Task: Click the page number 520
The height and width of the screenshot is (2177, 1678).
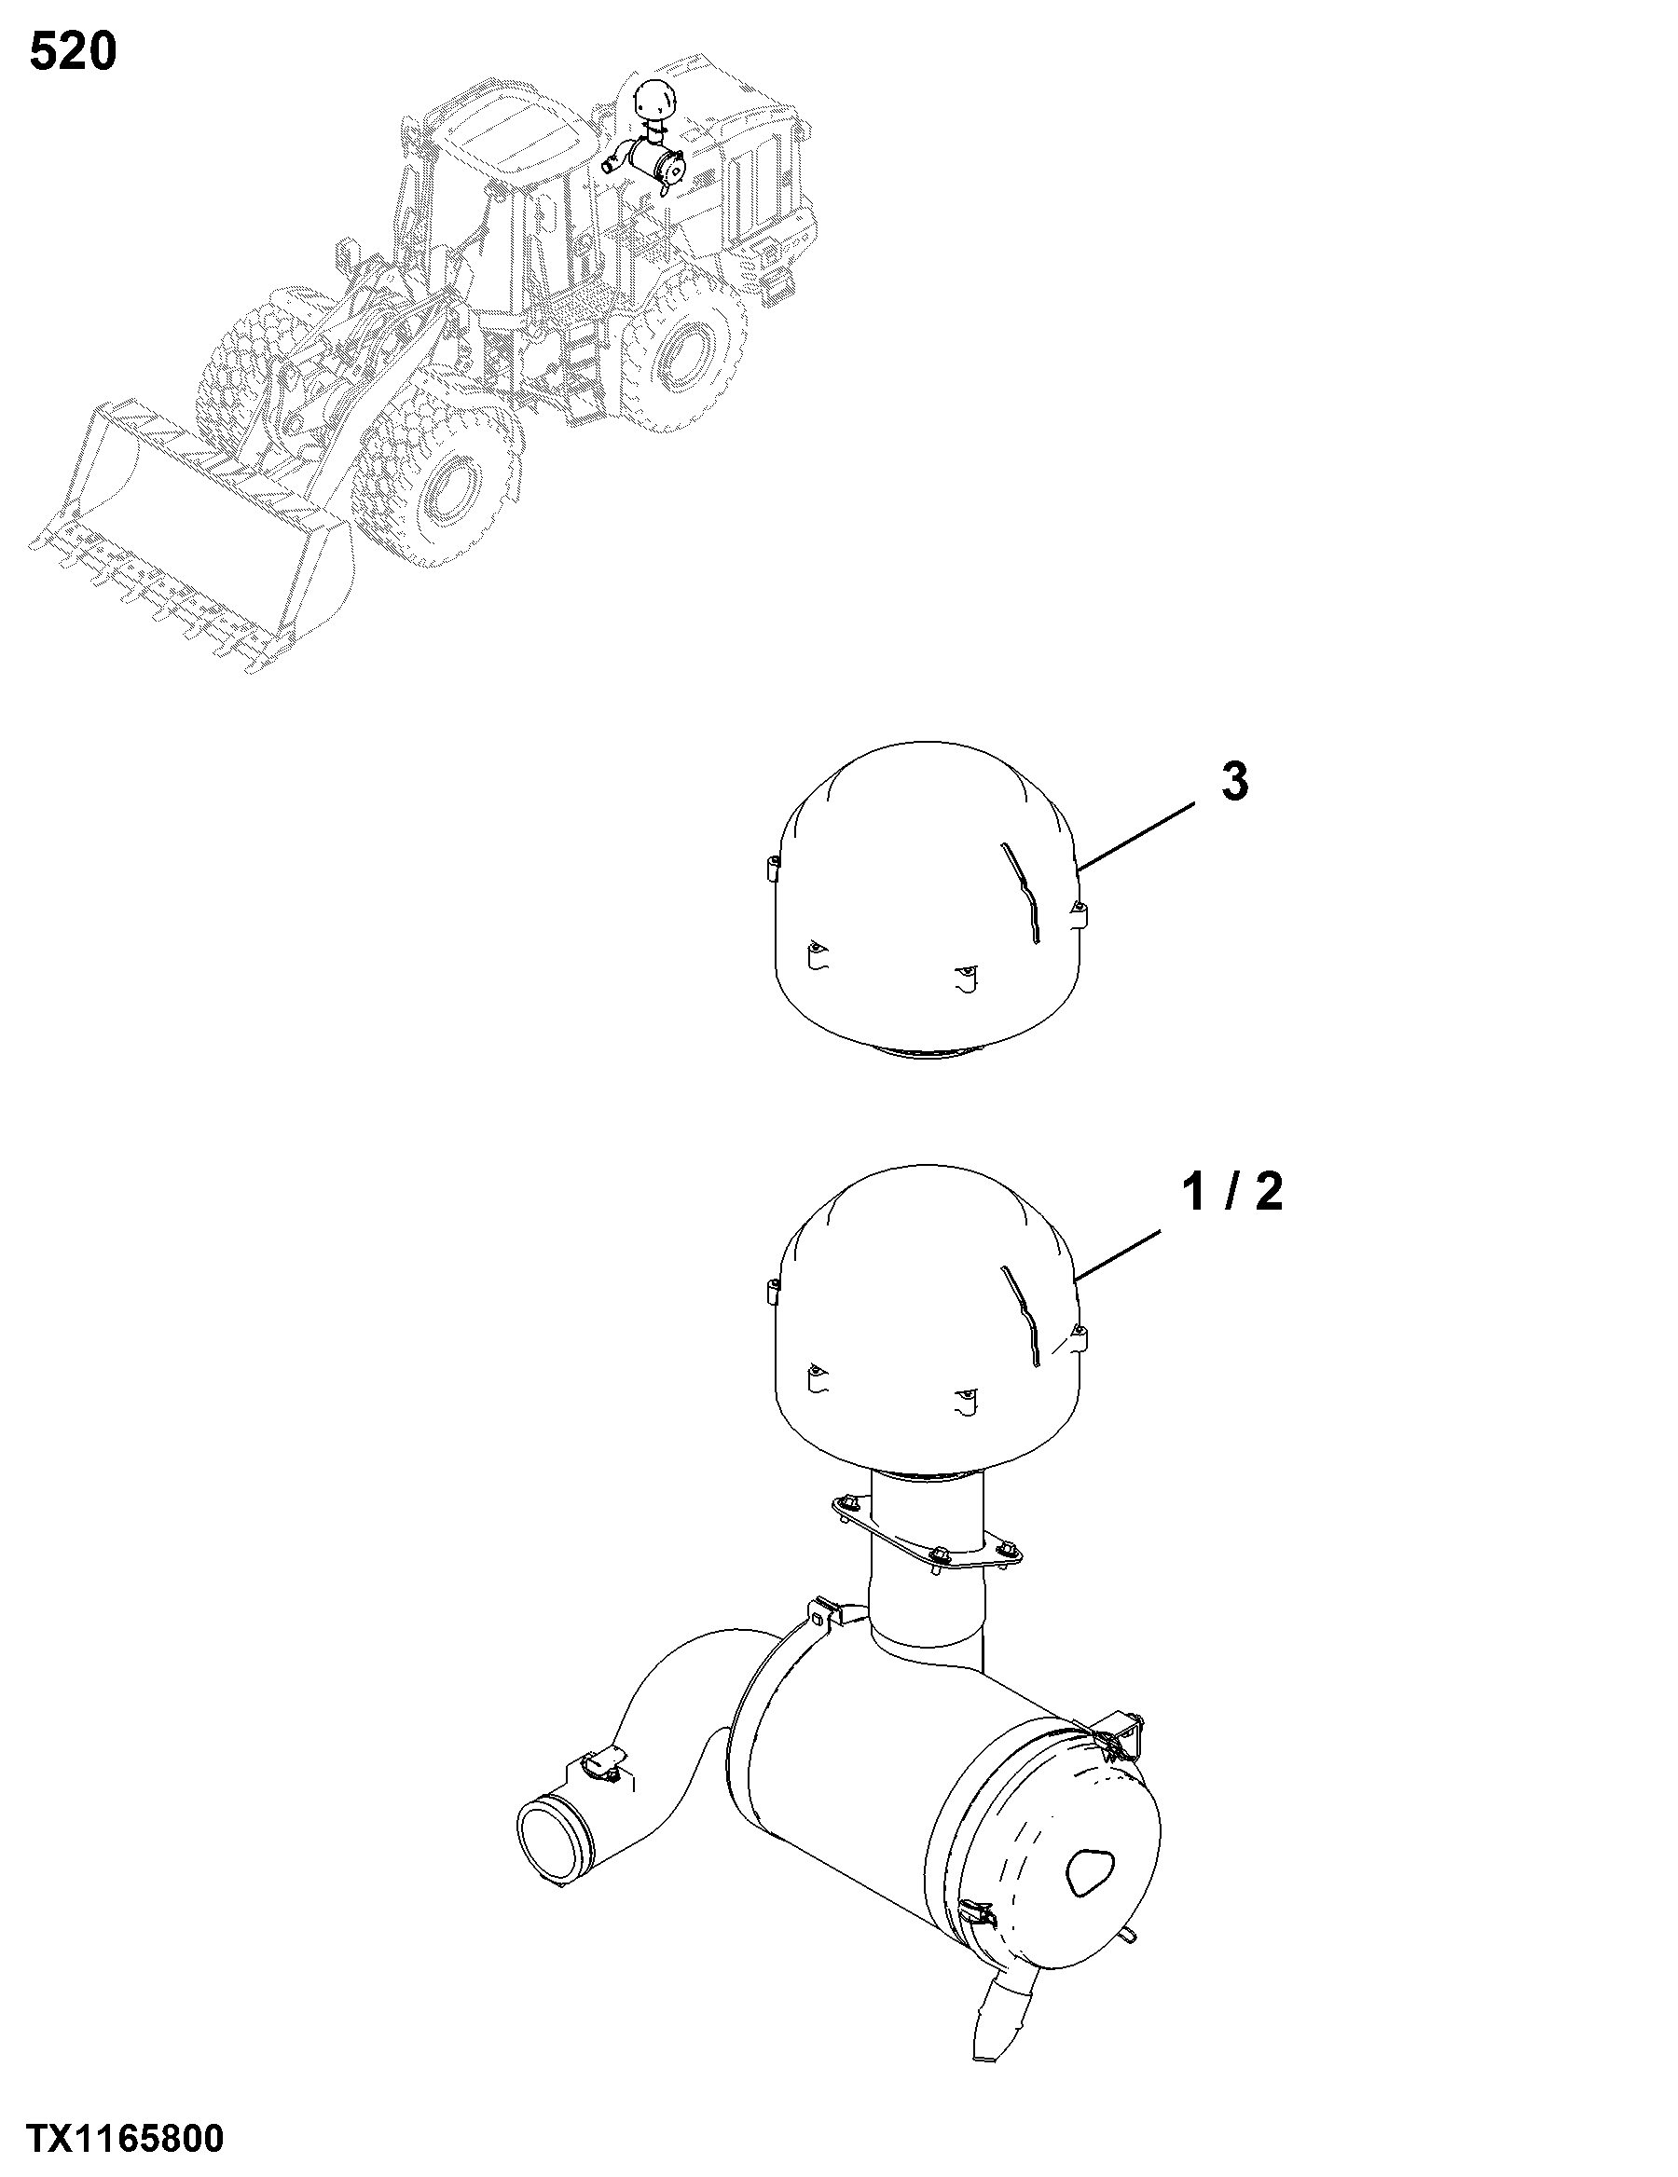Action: click(x=73, y=52)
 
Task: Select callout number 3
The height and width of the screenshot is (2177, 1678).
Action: click(x=1234, y=782)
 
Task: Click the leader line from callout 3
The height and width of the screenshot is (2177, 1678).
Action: click(x=1136, y=836)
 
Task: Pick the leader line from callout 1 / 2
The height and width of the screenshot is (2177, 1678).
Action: click(x=1119, y=1257)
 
